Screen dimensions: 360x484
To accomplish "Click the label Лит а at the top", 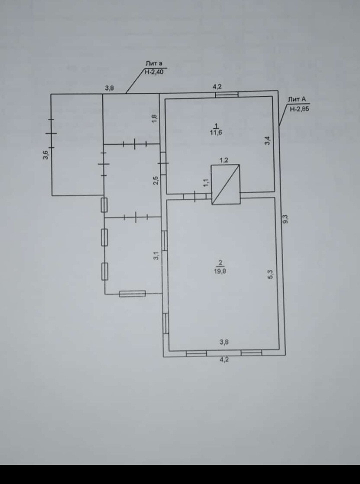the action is tap(154, 64).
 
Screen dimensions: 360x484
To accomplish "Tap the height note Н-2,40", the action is tap(154, 72).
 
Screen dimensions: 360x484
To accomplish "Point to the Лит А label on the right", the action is tap(296, 100).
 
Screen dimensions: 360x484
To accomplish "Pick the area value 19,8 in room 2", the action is tap(220, 271).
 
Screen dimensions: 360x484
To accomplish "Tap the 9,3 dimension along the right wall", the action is tap(285, 218).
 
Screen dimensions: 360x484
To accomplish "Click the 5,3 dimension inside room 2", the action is tap(270, 274).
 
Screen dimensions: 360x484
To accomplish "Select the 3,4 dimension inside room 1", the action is tap(268, 140).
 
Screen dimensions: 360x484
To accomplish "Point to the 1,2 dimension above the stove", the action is tap(224, 160).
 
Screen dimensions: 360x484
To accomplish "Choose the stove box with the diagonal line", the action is tap(225, 185).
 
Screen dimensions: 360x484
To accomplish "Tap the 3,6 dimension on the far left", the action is tap(45, 154).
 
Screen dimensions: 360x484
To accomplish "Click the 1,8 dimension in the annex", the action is tap(154, 118).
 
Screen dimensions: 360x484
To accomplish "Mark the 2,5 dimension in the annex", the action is tap(156, 180).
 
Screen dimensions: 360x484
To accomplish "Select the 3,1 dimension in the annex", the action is tap(156, 256).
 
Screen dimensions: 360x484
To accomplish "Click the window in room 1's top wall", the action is tap(225, 93).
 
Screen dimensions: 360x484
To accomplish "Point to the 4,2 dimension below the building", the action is tap(223, 360).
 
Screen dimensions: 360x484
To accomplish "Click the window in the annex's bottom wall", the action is tap(132, 294).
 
